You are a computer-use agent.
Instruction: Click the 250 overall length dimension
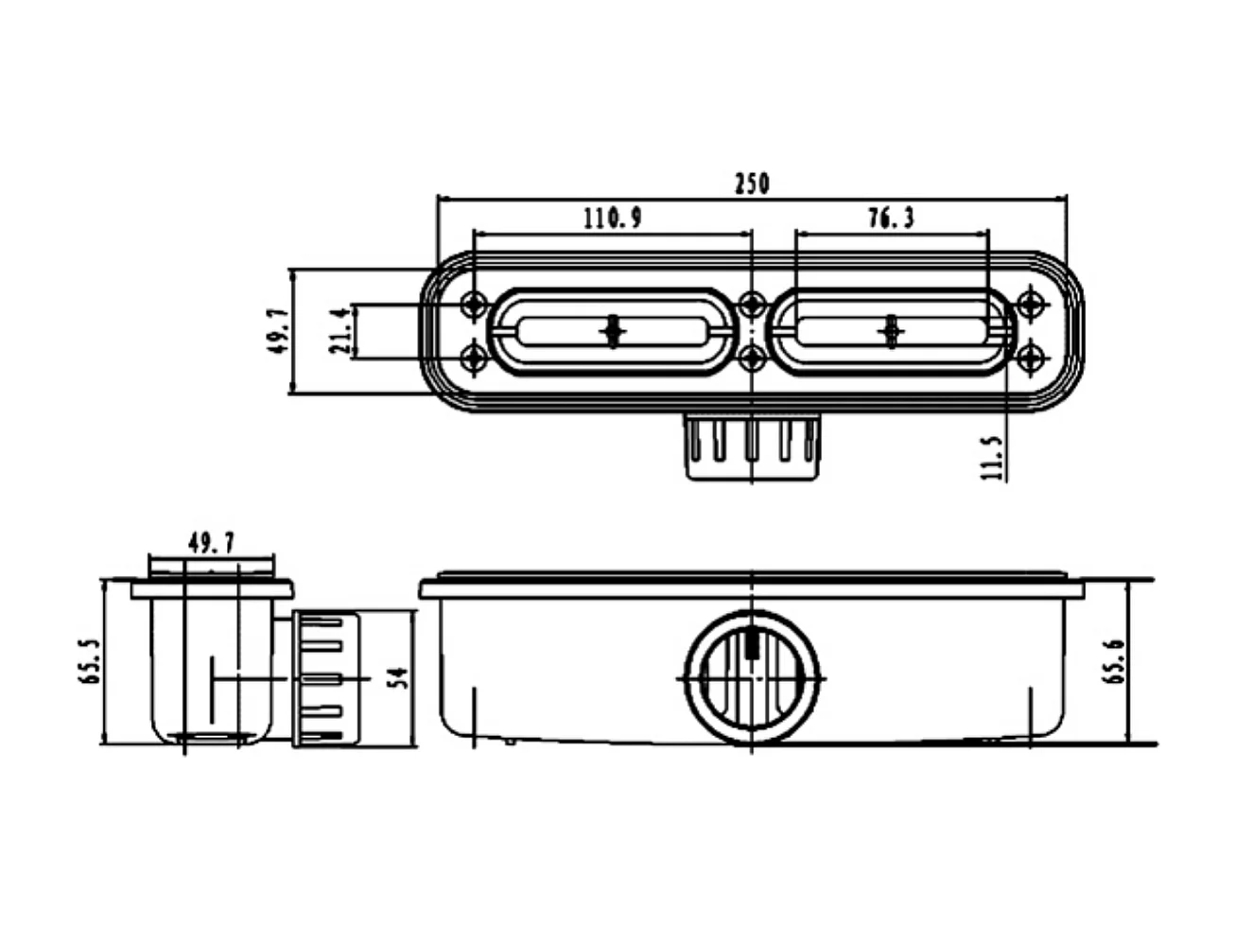[752, 183]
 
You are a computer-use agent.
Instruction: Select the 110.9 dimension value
[612, 219]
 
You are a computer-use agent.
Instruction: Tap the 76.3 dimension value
[891, 219]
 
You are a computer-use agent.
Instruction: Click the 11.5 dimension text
[991, 458]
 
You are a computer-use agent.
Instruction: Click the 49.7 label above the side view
[212, 544]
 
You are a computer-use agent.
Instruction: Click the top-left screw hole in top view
[474, 305]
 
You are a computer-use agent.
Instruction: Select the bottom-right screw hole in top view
[1031, 358]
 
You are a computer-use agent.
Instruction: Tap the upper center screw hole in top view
[752, 305]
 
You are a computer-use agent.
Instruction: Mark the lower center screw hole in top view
[752, 358]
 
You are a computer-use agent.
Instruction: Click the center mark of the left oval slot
[615, 331]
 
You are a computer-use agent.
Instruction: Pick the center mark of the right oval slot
[890, 331]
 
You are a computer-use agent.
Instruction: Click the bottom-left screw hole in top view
[474, 358]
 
